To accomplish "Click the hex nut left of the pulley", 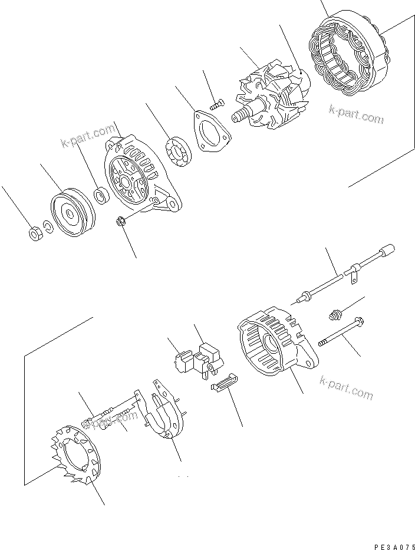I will [34, 233].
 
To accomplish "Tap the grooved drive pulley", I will [70, 214].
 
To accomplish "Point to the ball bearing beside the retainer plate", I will [179, 150].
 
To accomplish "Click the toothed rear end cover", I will [74, 460].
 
